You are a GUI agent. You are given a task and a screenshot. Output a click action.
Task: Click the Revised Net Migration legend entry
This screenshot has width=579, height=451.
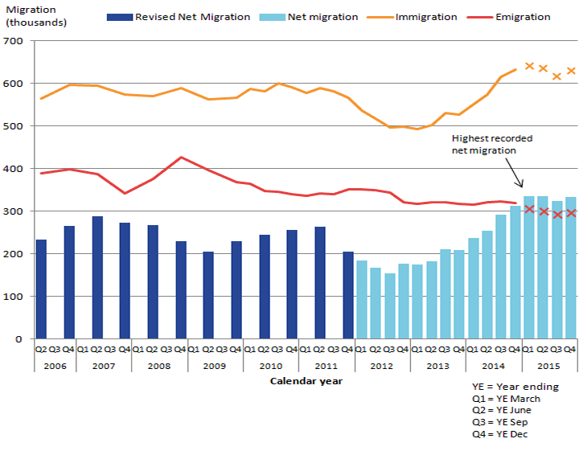pyautogui.click(x=180, y=17)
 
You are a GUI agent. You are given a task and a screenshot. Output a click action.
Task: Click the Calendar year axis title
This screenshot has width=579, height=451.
pyautogui.click(x=306, y=381)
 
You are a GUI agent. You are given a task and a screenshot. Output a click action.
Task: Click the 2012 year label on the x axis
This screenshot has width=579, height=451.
pyautogui.click(x=382, y=365)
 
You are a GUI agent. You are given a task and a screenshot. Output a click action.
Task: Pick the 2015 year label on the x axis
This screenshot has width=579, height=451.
pyautogui.click(x=549, y=365)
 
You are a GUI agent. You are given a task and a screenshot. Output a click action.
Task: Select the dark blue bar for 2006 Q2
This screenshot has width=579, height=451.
pyautogui.click(x=41, y=289)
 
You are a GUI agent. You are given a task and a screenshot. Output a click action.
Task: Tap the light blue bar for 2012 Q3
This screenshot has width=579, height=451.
pyautogui.click(x=389, y=306)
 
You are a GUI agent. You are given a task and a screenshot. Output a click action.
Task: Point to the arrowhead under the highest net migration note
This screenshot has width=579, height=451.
pyautogui.click(x=521, y=186)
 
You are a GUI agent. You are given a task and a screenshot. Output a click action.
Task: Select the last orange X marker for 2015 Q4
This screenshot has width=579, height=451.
pyautogui.click(x=571, y=71)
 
